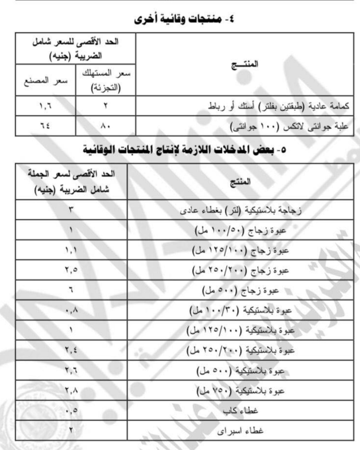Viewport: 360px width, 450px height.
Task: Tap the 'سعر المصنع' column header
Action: point(45,80)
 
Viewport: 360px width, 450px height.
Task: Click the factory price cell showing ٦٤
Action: point(45,126)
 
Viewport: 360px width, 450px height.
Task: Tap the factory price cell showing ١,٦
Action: point(45,106)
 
